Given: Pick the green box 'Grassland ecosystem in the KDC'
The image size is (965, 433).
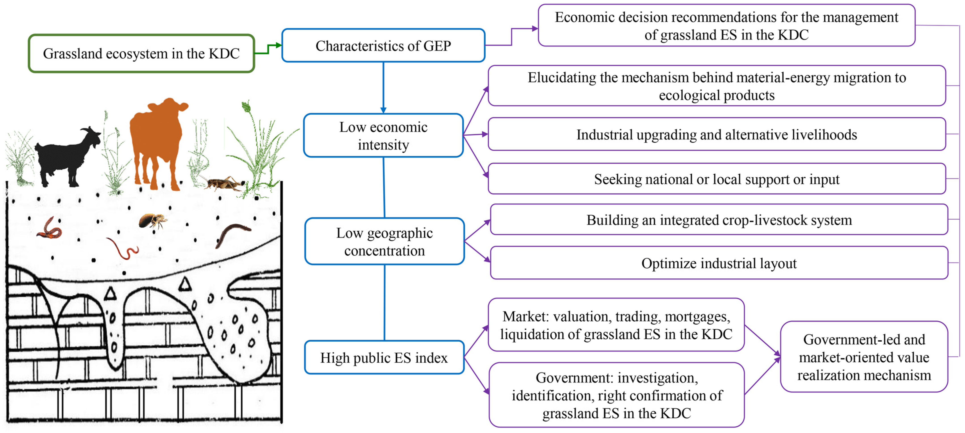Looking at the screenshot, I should pos(141,54).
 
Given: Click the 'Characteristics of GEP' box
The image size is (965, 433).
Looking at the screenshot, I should pos(383,46).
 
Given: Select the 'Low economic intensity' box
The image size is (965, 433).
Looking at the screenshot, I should pos(383,136).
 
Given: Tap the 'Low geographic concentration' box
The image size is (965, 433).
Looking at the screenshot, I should pos(384,242).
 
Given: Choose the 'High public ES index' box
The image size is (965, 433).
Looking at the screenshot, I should pos(384,358).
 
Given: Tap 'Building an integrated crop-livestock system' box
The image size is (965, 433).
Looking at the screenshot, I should pos(719,220).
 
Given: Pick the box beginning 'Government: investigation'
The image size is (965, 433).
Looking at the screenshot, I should pos(616,395).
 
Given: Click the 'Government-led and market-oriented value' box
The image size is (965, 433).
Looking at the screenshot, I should pos(864,357).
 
